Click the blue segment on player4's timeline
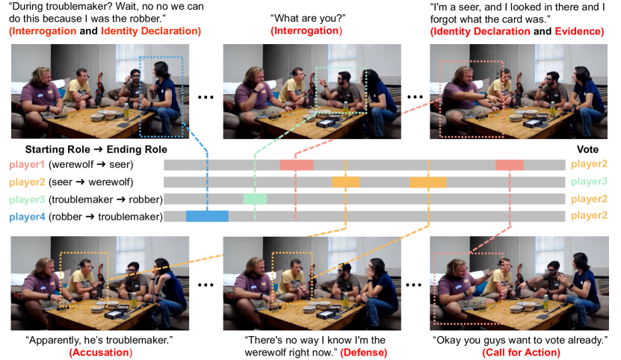pos(207,217)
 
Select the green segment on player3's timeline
pos(254,199)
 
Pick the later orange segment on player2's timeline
pos(427,182)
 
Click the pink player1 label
pos(27,165)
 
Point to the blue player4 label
pos(27,217)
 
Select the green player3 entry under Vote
pos(587,182)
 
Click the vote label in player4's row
pos(587,217)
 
